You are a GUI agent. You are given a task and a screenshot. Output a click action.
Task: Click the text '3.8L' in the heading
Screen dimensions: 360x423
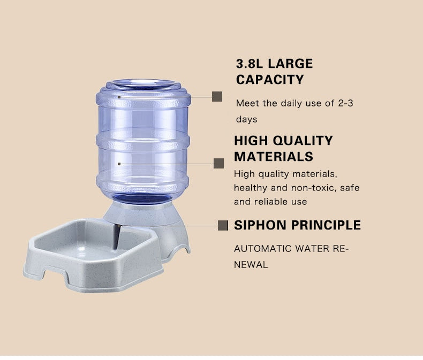250,64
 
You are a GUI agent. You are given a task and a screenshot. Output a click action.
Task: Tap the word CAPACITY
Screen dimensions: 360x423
270,80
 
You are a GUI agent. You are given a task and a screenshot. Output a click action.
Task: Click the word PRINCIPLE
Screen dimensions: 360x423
326,225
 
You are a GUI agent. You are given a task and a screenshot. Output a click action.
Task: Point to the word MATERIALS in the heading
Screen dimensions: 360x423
273,157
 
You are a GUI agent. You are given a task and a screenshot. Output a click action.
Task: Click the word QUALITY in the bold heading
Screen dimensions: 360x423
303,141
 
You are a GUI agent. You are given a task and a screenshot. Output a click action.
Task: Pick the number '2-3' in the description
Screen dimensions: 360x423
345,103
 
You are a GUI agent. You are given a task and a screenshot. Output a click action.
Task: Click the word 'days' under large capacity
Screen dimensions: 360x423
246,119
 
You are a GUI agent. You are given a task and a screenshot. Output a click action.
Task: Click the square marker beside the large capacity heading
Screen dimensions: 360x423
217,96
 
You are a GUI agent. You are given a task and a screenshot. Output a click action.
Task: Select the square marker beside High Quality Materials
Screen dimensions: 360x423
218,163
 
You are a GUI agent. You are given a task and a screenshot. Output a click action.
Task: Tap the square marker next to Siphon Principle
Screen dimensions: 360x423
223,225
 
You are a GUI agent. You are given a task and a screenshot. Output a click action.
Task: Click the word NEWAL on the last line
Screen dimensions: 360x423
251,264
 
